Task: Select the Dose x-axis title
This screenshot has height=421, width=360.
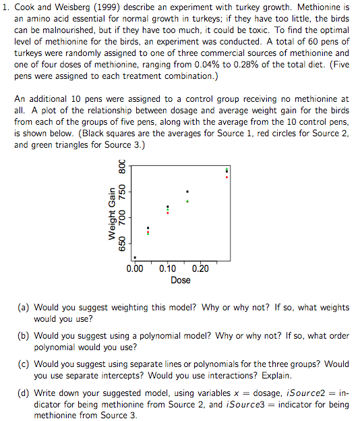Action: coord(180,279)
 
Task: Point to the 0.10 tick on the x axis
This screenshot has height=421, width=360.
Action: coord(168,269)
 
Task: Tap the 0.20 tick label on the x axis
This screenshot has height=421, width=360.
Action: coord(200,269)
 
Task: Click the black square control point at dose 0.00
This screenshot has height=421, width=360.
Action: coord(135,257)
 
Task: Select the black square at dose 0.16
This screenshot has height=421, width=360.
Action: coord(187,192)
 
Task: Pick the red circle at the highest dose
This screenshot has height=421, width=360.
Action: coord(227,177)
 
